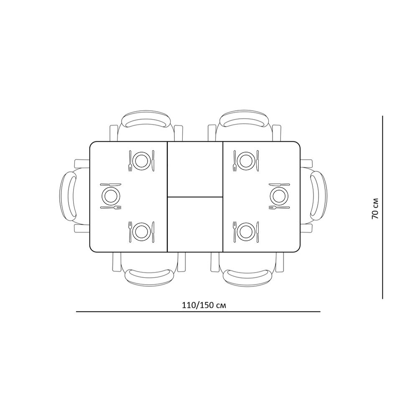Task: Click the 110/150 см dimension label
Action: click(x=204, y=305)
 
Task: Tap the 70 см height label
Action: click(x=375, y=208)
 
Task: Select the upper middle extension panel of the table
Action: click(x=195, y=169)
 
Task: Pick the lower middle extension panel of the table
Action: click(x=195, y=224)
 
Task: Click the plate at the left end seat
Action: click(x=111, y=196)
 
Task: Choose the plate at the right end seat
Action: click(x=279, y=196)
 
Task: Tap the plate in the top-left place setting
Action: click(x=141, y=161)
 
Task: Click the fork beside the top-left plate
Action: click(x=130, y=161)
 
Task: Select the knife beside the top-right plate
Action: click(x=257, y=161)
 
